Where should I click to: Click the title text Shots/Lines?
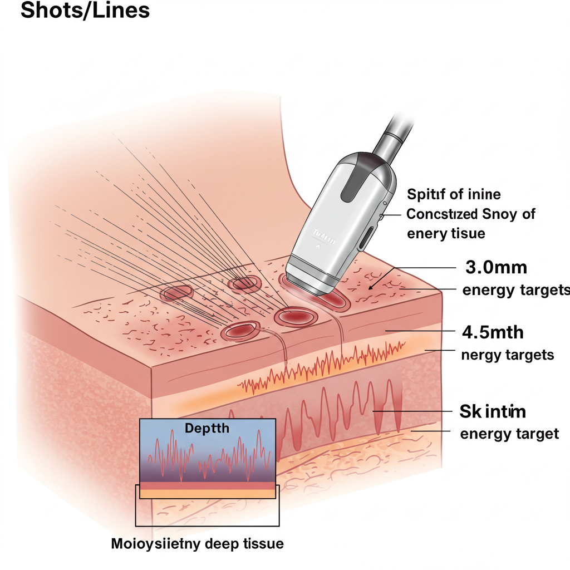(85, 11)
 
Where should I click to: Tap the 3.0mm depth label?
(495, 267)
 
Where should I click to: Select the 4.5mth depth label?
(493, 332)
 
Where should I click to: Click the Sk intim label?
(493, 412)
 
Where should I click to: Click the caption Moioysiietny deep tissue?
(197, 543)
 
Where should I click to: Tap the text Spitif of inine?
(454, 194)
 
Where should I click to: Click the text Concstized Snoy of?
(471, 214)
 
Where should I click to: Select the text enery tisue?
(446, 234)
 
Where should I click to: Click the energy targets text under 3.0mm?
(516, 290)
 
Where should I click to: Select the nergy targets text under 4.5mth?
(508, 355)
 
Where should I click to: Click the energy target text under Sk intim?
(509, 434)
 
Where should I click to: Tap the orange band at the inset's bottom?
(207, 493)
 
